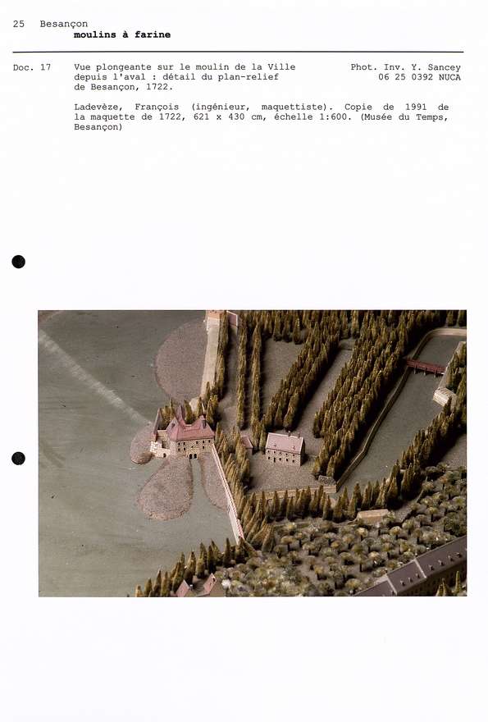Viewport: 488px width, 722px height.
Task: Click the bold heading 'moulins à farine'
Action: coord(122,35)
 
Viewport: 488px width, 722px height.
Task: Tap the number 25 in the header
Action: coord(18,24)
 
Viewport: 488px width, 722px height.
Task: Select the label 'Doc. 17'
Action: coord(32,67)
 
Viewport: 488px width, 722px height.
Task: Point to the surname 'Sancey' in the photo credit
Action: coord(445,67)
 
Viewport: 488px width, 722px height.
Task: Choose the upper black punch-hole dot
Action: coord(19,262)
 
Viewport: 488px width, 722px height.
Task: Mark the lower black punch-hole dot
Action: coord(19,458)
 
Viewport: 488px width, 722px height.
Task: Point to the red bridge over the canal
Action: coord(425,366)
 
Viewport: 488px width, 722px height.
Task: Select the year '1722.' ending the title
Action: coord(160,87)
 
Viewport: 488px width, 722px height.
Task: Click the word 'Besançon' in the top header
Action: coord(64,24)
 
